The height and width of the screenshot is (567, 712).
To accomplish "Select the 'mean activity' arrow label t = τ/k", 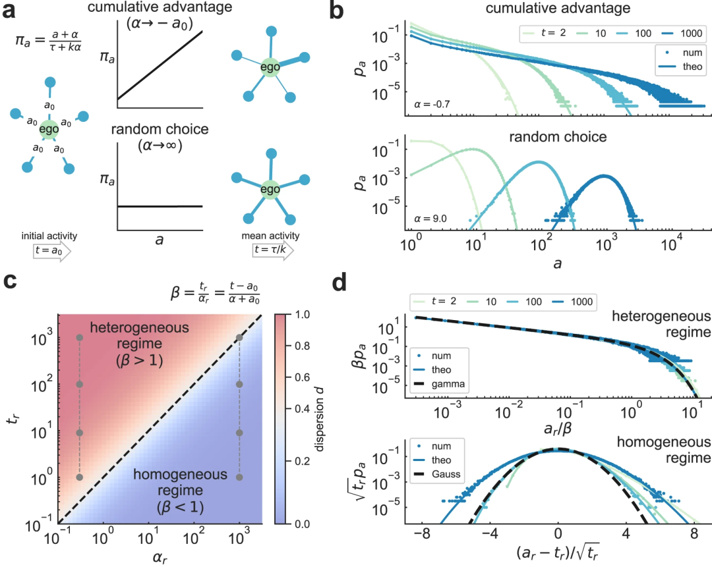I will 267,251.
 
